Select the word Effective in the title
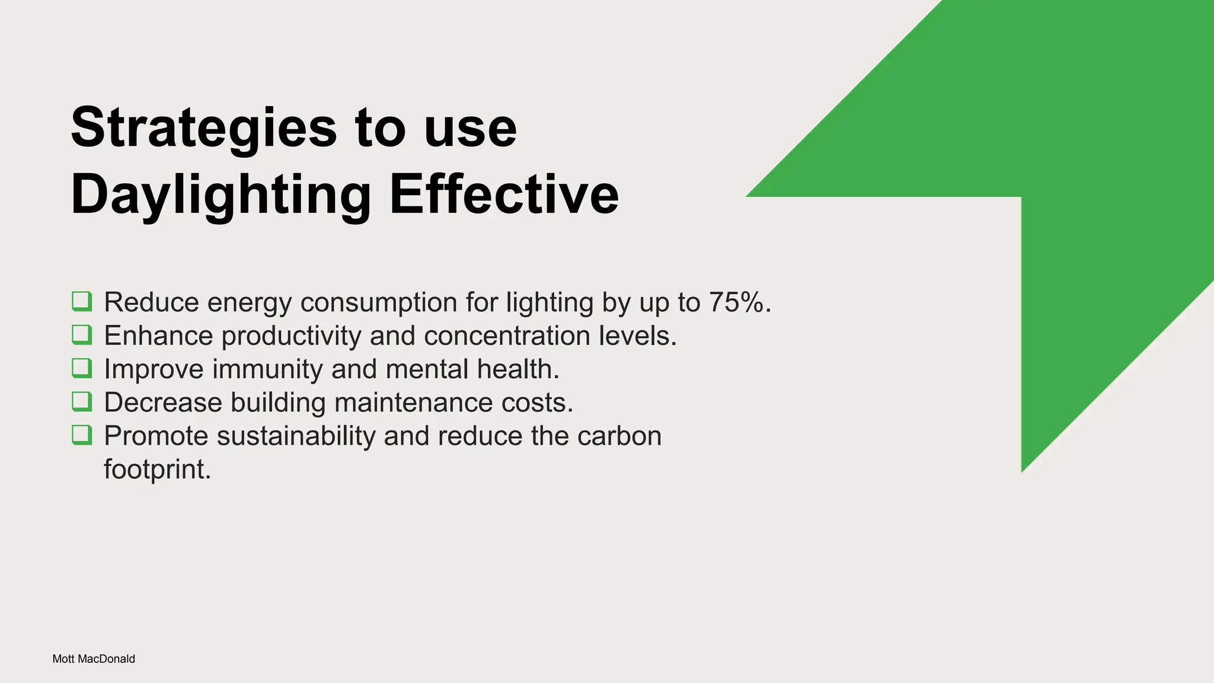504,195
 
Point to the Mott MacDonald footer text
94,659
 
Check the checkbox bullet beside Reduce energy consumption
82,301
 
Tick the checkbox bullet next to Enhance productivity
82,335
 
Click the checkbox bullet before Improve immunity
82,368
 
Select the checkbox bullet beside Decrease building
82,401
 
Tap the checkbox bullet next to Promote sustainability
82,435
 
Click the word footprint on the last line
157,470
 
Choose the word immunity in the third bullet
267,369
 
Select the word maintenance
414,403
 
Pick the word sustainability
296,436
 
